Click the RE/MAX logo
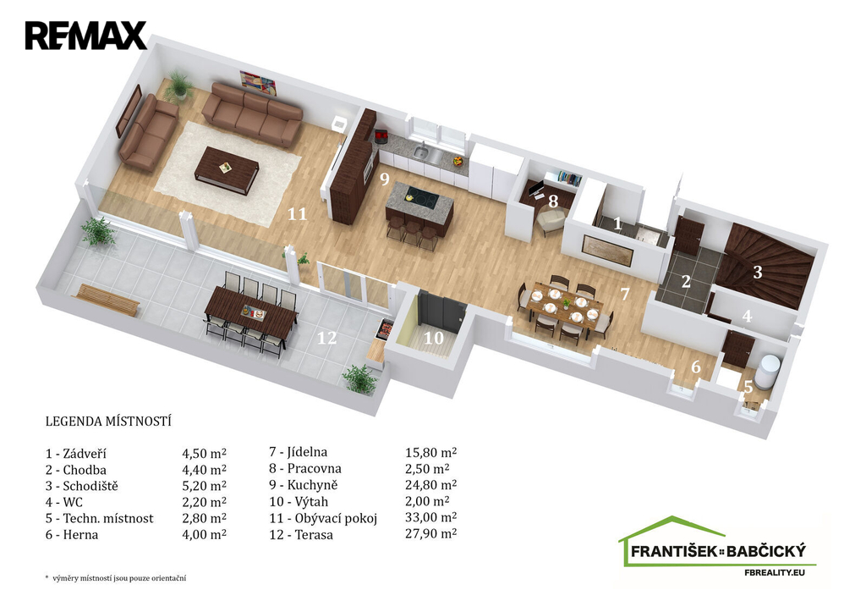85,36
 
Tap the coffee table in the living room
227,170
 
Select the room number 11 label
297,213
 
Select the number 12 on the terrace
326,337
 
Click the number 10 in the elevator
434,337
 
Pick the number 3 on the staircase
758,272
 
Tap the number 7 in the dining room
625,294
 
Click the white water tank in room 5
770,369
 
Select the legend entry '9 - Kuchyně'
304,485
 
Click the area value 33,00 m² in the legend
430,517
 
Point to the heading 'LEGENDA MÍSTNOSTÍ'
108,422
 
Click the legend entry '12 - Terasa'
301,535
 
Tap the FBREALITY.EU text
775,572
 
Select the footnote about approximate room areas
115,578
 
